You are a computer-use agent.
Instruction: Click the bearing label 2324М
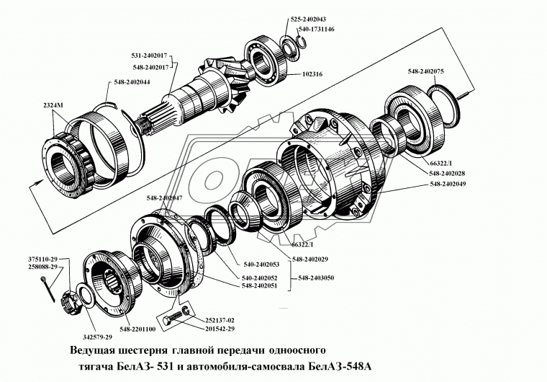pos(53,106)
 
